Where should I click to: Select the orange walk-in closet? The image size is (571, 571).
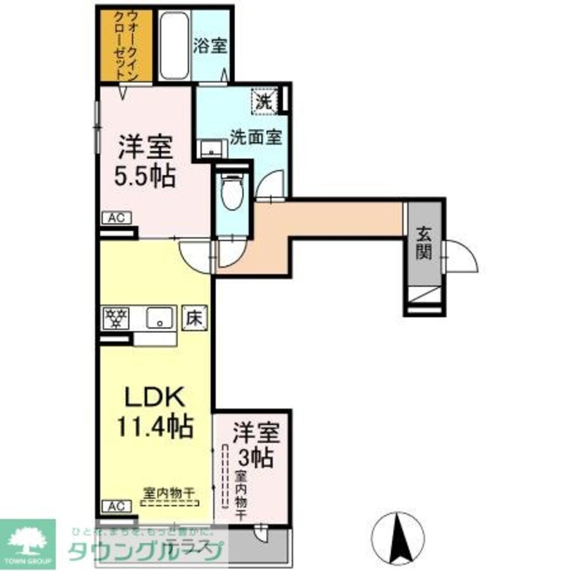[126, 45]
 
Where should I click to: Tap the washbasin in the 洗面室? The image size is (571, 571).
[212, 148]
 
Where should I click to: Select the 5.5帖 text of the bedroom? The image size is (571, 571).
[146, 177]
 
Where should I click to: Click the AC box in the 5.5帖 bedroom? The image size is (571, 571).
[117, 217]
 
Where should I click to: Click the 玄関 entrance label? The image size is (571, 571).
[424, 244]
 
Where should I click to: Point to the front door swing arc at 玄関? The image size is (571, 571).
[463, 258]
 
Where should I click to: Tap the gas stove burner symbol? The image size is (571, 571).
[116, 318]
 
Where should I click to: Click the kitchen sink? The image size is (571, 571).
[161, 317]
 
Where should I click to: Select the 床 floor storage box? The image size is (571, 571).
[194, 317]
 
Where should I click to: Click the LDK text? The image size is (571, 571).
[154, 396]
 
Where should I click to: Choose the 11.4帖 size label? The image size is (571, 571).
[154, 425]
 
